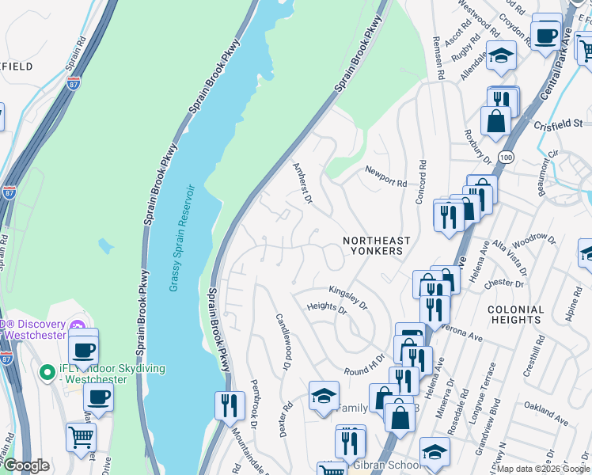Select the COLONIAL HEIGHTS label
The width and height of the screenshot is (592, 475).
516,314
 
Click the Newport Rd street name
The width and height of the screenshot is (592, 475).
385,177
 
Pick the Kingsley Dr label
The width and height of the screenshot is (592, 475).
348,298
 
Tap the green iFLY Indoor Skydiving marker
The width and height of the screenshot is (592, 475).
46,370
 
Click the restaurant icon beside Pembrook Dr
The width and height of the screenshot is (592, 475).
229,405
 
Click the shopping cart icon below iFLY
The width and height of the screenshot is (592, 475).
81,437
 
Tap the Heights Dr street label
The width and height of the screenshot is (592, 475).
327,306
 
